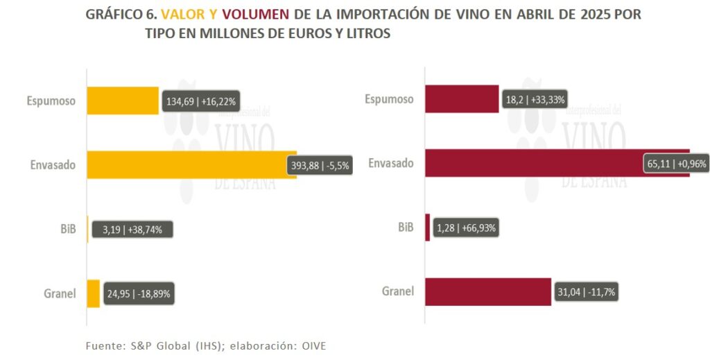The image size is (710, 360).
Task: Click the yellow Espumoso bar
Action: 123,101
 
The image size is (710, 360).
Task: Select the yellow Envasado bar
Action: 187,164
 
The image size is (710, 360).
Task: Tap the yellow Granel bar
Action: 94,293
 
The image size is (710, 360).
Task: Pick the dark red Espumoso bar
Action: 462,98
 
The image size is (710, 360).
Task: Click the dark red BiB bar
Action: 427,227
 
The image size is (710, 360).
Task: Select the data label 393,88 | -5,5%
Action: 320,166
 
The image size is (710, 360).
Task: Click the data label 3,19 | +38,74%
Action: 132,230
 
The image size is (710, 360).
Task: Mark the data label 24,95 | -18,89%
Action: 138,293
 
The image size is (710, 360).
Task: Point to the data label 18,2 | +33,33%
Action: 535,99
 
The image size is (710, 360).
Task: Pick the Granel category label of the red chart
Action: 398,291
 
